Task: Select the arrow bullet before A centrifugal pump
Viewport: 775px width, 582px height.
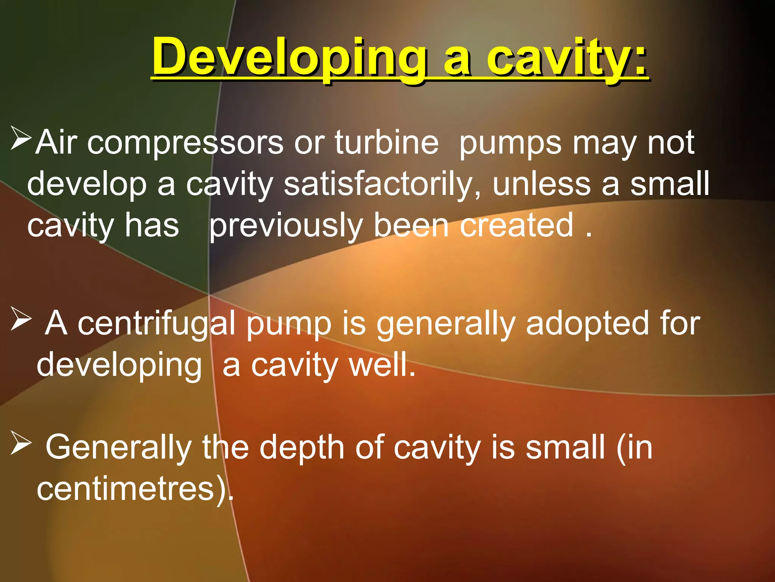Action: [x=21, y=319]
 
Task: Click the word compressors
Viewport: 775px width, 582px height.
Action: [x=185, y=143]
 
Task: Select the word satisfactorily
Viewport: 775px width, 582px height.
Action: [x=382, y=184]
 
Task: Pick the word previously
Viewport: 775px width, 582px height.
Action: [x=286, y=226]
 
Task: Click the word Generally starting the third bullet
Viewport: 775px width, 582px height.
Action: [x=119, y=448]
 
